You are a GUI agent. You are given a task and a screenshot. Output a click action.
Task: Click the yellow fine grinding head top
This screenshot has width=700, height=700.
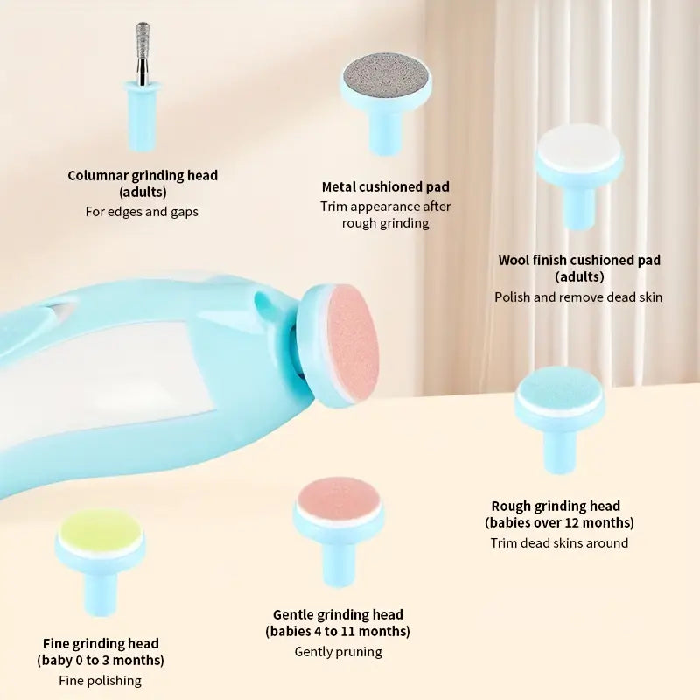100,531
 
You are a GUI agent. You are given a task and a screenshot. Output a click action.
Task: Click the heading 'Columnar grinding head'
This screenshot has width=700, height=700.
143,175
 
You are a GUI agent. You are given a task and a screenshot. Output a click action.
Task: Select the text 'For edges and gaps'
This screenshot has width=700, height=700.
142,211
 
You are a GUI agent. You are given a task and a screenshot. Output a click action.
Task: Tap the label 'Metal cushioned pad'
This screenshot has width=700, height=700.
385,186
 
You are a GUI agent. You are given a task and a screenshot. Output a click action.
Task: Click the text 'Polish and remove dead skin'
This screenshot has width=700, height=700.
578,297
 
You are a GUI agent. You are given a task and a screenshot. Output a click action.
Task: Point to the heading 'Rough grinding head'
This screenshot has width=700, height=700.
556,506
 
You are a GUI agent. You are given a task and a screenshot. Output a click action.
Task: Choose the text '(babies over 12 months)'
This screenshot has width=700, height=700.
559,522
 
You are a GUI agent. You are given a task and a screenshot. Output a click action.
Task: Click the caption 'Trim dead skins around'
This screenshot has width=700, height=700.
559,542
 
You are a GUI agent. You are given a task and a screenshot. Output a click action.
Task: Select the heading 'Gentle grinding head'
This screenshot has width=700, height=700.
338,614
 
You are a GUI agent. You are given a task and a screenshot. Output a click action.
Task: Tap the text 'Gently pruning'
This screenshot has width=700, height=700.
338,651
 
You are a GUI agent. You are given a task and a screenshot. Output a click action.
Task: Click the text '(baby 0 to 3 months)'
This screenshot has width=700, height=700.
101,660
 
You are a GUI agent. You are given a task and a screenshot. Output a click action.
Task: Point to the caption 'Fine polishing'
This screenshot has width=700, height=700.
100,680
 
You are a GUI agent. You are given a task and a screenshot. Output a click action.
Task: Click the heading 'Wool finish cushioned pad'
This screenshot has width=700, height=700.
579,260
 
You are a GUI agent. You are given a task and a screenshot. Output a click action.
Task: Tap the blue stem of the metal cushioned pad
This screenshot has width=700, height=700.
385,131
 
